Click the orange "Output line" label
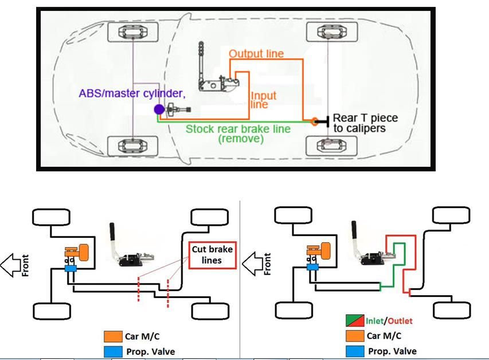pos(256,54)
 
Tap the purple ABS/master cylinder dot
pos(159,109)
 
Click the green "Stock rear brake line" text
pos(237,128)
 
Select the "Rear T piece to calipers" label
pos(365,123)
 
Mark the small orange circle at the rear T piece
pos(314,121)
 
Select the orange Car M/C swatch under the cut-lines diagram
pos(109,336)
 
